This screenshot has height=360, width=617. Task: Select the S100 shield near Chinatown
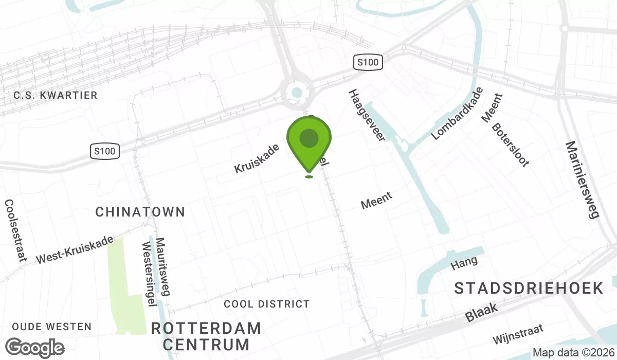coord(105,151)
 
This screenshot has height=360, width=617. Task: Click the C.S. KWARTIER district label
coord(56,95)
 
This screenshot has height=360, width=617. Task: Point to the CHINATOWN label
coord(140,211)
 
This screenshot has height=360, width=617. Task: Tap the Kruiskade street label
coord(257,158)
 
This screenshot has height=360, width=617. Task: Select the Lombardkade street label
coord(457,114)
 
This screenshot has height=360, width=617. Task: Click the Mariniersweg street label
coord(582,179)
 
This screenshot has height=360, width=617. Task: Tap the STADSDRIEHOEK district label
coord(529,289)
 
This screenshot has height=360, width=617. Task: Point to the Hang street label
coord(464,263)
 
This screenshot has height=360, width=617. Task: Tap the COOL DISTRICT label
coord(267,304)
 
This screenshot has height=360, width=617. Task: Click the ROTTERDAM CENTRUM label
coord(206,336)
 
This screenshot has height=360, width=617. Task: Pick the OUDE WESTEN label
coord(51,327)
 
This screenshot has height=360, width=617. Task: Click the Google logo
coord(35,348)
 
